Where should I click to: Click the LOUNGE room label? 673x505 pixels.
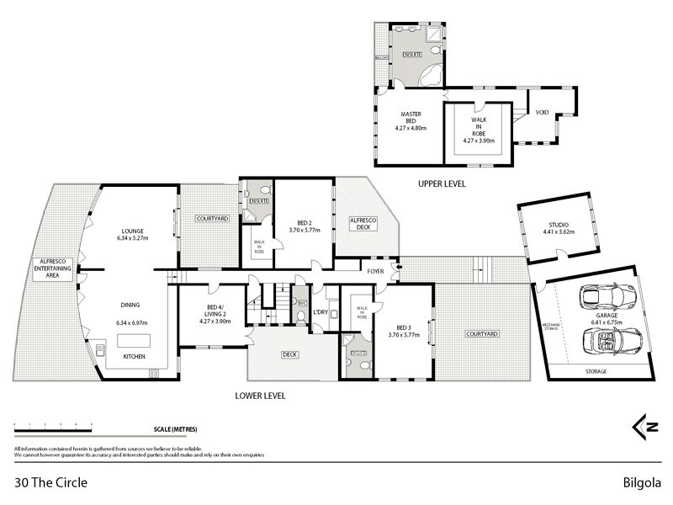133,231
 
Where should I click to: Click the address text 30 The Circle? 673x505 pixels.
51,483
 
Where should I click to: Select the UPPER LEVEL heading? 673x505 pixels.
441,183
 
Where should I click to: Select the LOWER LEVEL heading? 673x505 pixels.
262,395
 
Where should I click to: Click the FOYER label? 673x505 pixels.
375,271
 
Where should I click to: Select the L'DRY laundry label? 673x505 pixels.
320,313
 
